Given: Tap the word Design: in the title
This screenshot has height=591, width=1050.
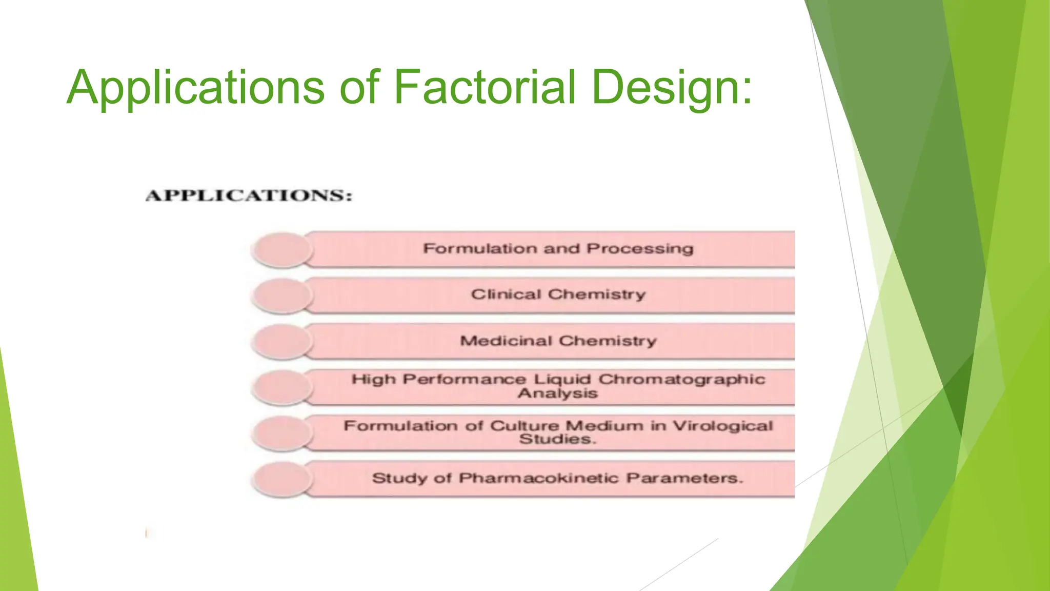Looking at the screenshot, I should click(x=672, y=88).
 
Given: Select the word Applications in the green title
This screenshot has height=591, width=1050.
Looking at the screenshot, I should click(x=195, y=88).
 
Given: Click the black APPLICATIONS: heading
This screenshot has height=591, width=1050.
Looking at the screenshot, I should click(x=249, y=196).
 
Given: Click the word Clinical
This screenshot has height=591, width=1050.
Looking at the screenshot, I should click(x=506, y=294).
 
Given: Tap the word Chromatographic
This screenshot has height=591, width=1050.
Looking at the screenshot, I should click(x=681, y=379).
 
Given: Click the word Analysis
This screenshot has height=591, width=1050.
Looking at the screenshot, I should click(x=558, y=393).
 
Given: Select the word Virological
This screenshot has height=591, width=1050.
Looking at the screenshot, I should click(x=722, y=425).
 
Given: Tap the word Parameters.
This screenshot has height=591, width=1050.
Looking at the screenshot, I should click(x=684, y=478).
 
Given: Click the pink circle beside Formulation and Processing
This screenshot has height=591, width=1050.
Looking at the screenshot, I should click(x=282, y=250).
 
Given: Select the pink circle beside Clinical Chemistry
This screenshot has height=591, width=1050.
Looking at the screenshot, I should click(x=282, y=296).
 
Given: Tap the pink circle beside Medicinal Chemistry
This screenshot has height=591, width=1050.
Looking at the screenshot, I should click(x=282, y=342).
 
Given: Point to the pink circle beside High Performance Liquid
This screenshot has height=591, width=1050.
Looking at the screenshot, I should click(x=282, y=387).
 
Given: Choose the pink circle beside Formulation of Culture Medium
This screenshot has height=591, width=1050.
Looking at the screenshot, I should click(x=282, y=434).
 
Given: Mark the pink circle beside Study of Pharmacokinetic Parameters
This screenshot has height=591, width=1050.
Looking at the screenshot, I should click(x=282, y=479).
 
